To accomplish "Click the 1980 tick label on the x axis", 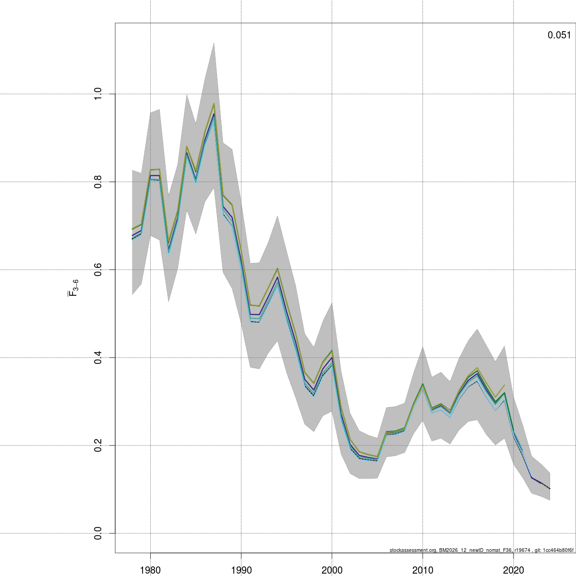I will click(x=150, y=570).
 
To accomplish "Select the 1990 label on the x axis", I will click(x=241, y=570).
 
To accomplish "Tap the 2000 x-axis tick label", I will click(x=332, y=570).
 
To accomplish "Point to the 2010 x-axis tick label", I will click(x=422, y=570).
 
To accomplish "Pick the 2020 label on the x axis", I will click(x=513, y=570).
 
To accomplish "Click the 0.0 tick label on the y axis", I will click(x=98, y=533).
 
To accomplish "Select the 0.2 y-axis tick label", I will click(x=98, y=445).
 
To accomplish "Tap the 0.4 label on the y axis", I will click(x=98, y=358).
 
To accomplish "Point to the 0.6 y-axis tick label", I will click(x=98, y=270).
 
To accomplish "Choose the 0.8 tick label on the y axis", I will click(x=98, y=182).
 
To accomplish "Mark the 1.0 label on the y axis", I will click(x=98, y=94).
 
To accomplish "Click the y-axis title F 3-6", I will click(x=73, y=288).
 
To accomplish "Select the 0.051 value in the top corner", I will click(x=559, y=35).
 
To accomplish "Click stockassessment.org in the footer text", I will click(x=413, y=551).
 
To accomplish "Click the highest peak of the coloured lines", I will click(x=214, y=104).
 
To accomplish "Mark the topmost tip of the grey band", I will click(x=214, y=43).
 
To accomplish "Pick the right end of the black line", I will click(x=550, y=489).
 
